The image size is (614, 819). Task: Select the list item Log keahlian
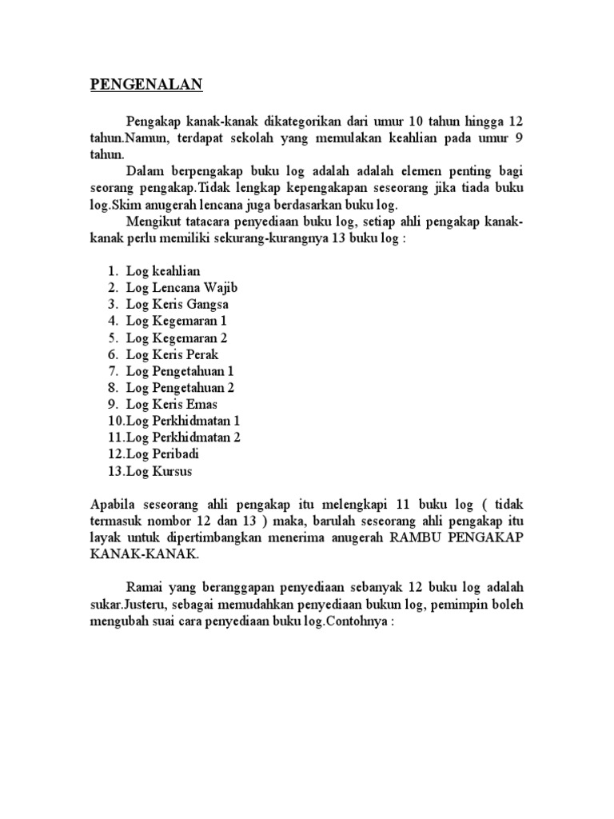(163, 271)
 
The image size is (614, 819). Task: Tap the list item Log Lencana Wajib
(183, 288)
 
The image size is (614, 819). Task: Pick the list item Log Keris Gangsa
(177, 305)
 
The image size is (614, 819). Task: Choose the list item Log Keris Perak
(172, 354)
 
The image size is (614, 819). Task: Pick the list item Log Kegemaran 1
(177, 321)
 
